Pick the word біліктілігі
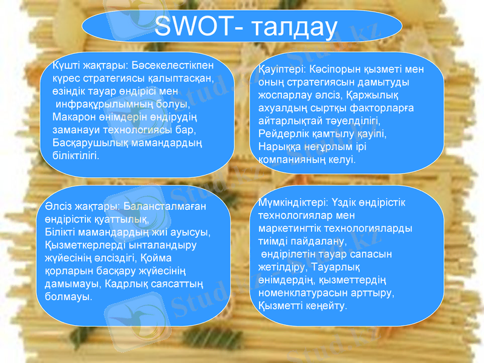(75, 155)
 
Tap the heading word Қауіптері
(283, 70)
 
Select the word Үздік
(345, 201)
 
